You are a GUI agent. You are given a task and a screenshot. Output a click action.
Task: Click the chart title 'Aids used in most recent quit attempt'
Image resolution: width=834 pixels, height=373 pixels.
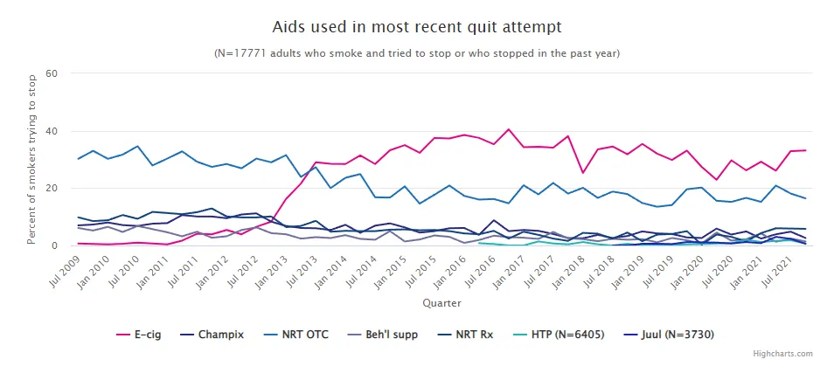(417, 28)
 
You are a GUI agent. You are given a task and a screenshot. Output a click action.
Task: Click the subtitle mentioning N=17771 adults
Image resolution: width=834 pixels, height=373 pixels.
(417, 53)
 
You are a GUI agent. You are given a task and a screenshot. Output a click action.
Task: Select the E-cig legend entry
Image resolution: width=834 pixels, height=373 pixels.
(145, 334)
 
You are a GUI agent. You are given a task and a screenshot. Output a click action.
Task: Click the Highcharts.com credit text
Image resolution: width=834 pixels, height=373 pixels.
(782, 354)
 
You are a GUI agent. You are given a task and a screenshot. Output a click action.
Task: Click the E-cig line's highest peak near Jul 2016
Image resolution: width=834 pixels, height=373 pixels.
(508, 129)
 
